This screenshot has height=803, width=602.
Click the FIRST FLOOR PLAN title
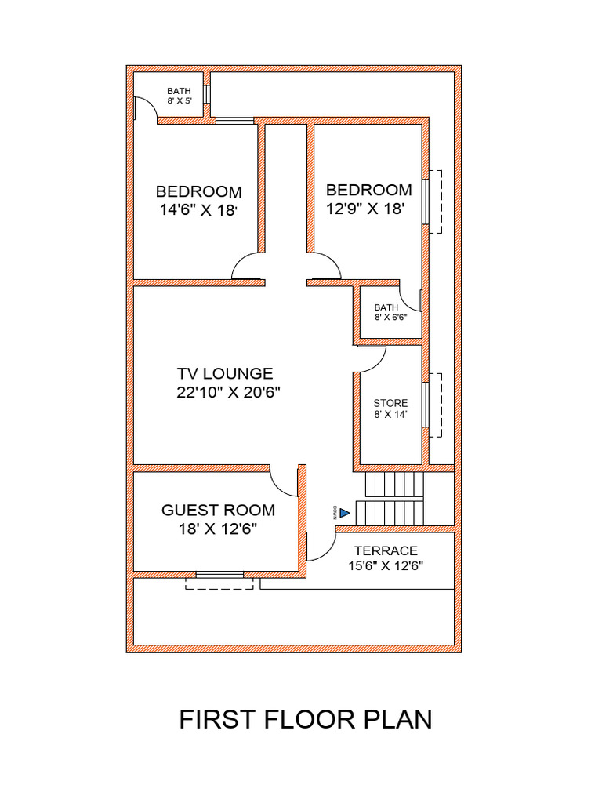(306, 719)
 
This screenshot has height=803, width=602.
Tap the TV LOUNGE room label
(225, 374)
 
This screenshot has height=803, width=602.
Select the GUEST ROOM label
(218, 511)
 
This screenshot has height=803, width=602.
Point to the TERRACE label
(386, 551)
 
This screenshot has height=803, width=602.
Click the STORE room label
(390, 403)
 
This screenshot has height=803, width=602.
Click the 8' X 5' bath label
(179, 101)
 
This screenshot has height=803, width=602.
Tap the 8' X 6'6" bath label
(386, 318)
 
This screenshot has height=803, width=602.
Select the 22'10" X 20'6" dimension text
(229, 392)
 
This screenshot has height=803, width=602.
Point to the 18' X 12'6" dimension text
(218, 529)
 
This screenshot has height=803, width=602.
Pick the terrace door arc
(321, 547)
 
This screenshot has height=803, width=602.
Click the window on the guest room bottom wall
(219, 575)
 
